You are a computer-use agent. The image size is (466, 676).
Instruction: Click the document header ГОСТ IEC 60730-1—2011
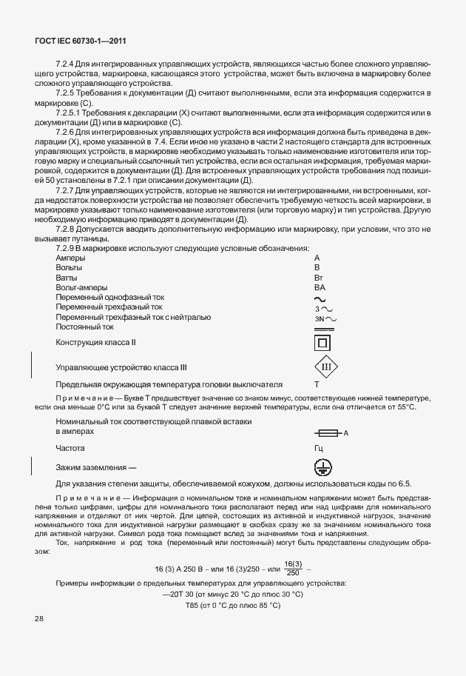(x=75, y=41)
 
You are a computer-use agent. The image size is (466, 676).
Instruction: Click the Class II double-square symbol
(x=322, y=344)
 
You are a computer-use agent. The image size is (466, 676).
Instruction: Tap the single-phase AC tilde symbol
(x=320, y=298)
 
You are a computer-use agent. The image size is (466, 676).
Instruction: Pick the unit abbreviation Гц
(x=319, y=448)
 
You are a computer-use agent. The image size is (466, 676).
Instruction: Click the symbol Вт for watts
(x=319, y=277)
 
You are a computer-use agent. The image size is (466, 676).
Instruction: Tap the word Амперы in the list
(x=71, y=256)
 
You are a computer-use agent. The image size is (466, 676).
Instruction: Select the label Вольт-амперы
(x=81, y=287)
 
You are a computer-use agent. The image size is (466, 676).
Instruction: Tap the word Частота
(x=70, y=448)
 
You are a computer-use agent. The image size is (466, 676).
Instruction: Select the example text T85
(x=194, y=605)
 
